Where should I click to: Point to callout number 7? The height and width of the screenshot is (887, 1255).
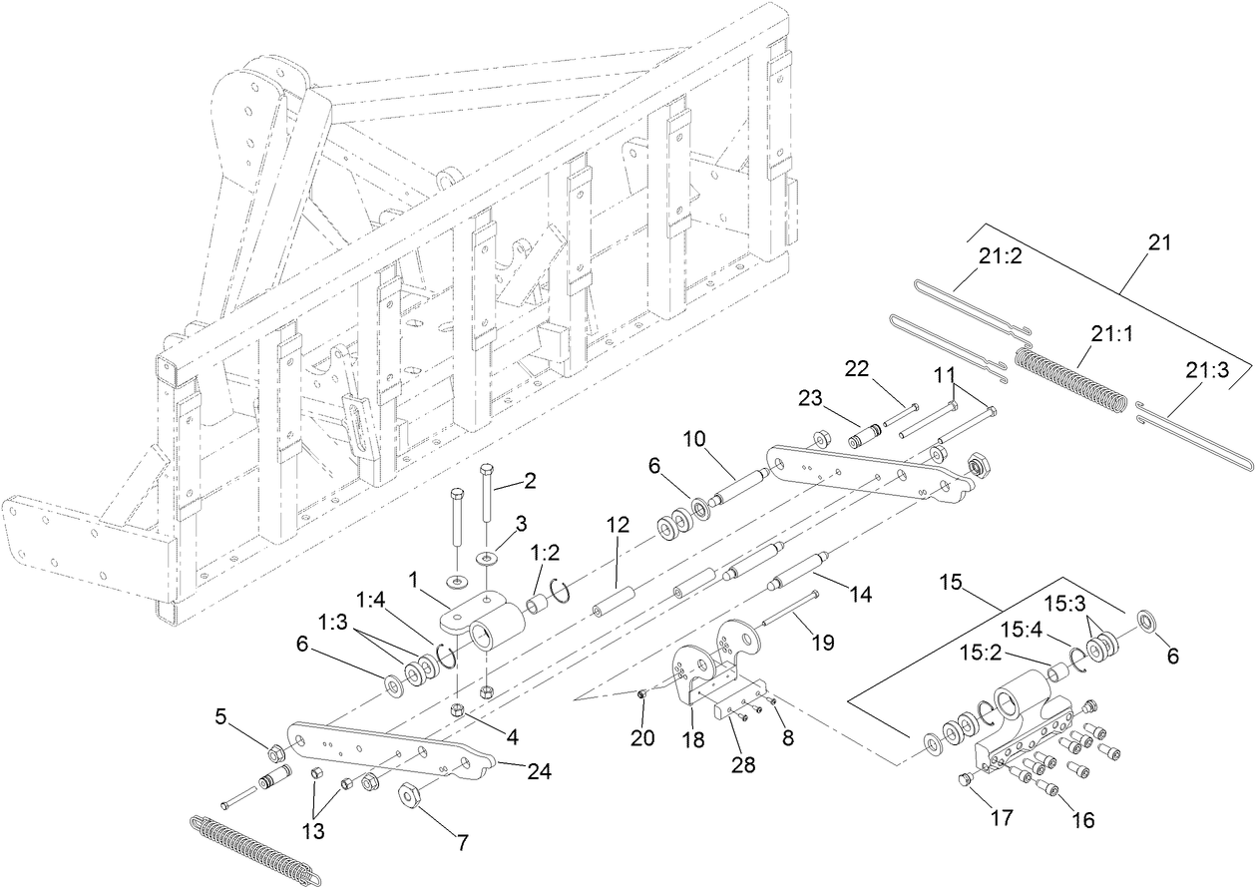pos(461,843)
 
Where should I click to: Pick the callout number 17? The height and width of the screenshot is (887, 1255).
pos(1001,818)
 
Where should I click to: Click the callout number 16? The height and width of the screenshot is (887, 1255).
pos(1082,820)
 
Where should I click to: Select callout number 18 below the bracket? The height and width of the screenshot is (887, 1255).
pos(692,740)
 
